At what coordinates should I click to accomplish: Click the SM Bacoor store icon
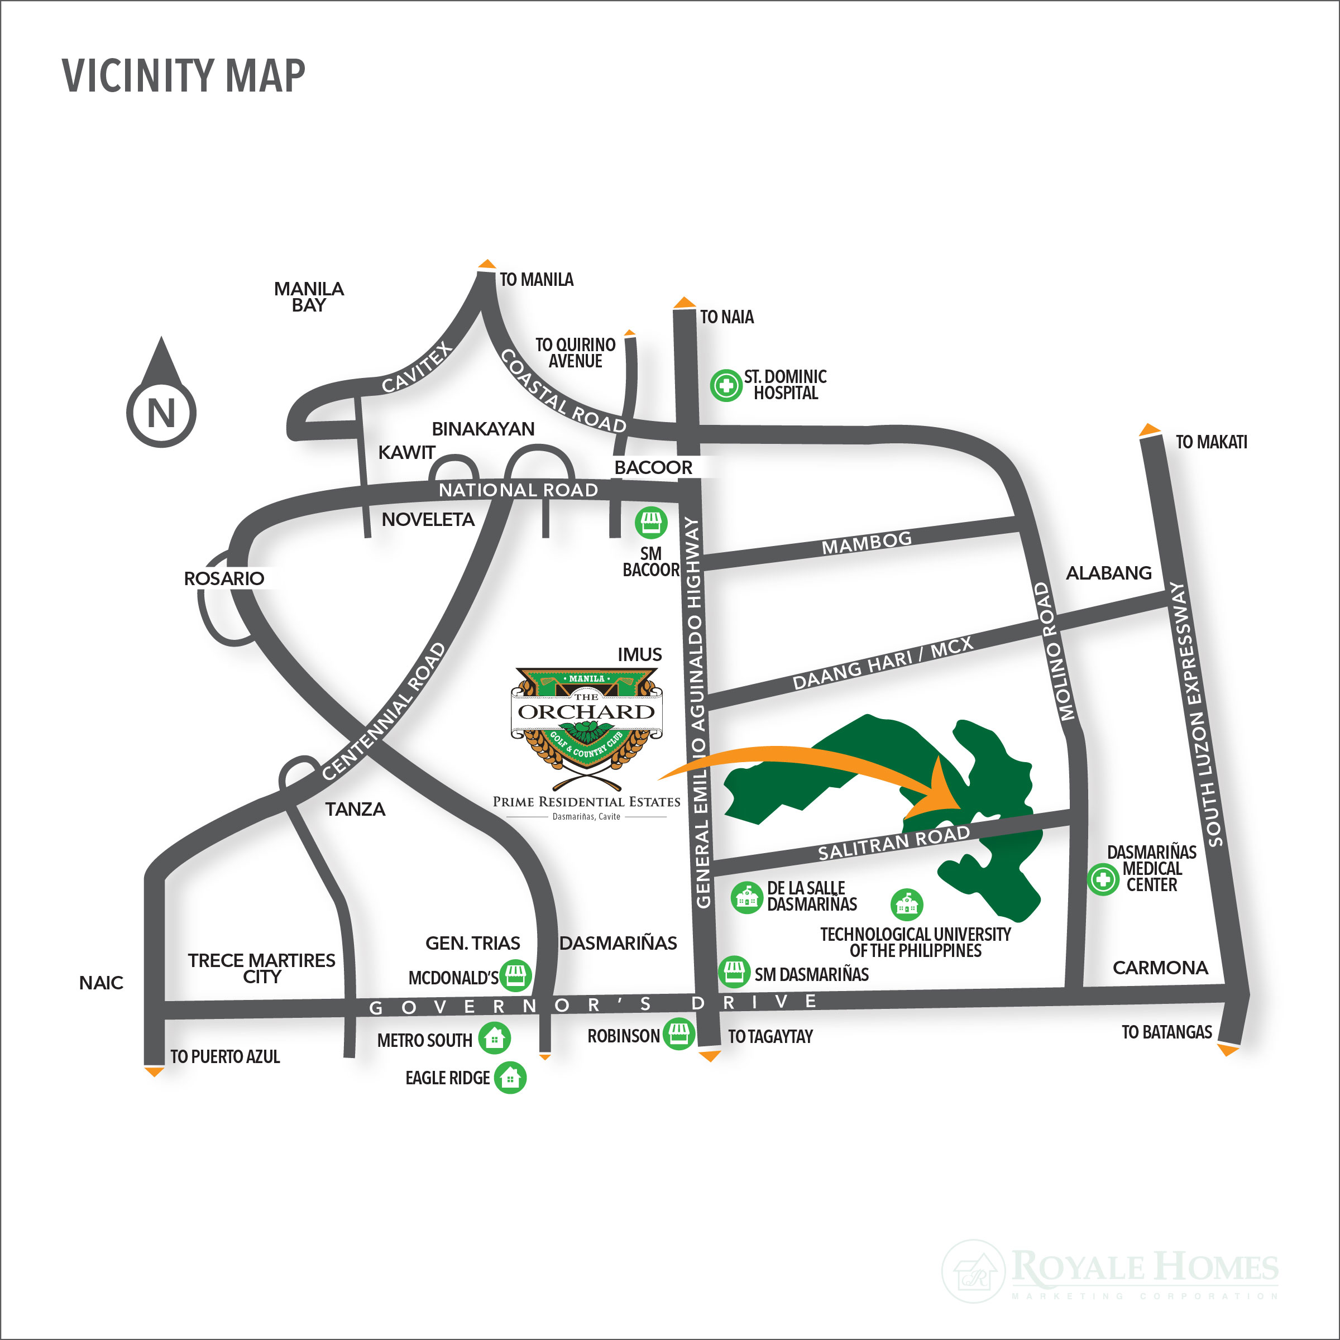point(650,522)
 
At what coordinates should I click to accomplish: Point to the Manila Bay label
point(309,297)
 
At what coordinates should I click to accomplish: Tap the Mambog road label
point(867,542)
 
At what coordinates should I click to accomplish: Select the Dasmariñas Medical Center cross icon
point(1102,879)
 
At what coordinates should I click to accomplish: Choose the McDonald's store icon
point(515,975)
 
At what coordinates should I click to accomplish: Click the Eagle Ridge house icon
point(510,1078)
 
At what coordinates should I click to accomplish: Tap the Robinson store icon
point(678,1033)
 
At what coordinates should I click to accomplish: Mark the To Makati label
point(1210,442)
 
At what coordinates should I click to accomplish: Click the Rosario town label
point(223,578)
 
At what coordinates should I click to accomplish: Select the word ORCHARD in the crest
point(586,712)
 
